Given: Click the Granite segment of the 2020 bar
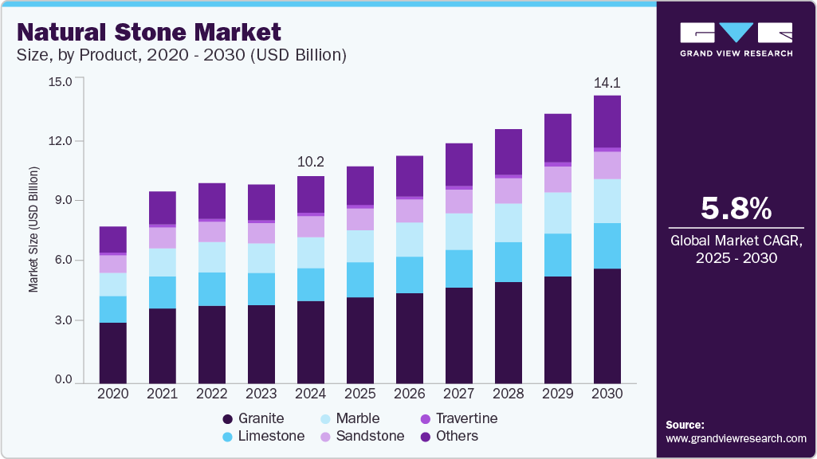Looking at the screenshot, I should [113, 351].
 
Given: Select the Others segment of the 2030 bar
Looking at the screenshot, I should [607, 121].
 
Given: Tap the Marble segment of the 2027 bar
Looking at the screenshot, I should [459, 231].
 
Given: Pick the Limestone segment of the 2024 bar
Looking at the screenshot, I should [311, 284].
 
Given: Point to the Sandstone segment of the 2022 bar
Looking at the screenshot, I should [212, 231].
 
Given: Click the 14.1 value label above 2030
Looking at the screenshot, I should [607, 82].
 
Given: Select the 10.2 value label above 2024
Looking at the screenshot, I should [311, 162].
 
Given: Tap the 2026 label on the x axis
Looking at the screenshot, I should [410, 393].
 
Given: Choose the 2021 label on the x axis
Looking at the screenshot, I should [163, 393].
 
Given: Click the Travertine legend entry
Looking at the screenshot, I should [467, 418].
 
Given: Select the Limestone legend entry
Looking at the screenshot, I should [271, 436].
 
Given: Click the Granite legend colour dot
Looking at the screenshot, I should [229, 418].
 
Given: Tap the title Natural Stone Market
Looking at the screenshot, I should [149, 32].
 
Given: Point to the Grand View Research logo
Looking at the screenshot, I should [736, 39].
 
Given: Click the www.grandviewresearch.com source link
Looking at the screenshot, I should [736, 438].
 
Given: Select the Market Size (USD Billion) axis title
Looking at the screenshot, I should [33, 229].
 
